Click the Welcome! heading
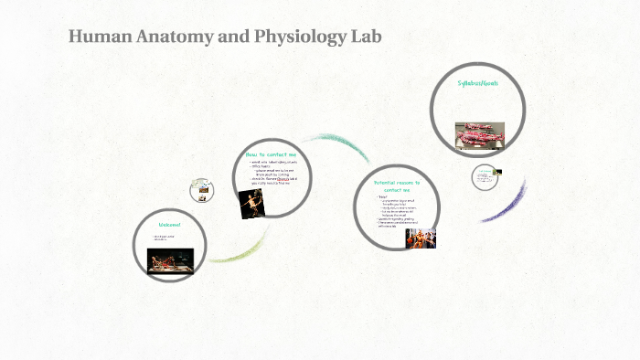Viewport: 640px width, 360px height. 170,225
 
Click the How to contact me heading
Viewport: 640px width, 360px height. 272,154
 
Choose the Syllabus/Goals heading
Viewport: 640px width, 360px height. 477,83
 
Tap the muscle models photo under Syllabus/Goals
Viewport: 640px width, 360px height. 478,134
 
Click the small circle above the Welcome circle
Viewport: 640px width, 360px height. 202,190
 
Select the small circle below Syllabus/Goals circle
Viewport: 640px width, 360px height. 485,177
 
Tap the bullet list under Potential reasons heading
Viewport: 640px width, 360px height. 395,210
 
